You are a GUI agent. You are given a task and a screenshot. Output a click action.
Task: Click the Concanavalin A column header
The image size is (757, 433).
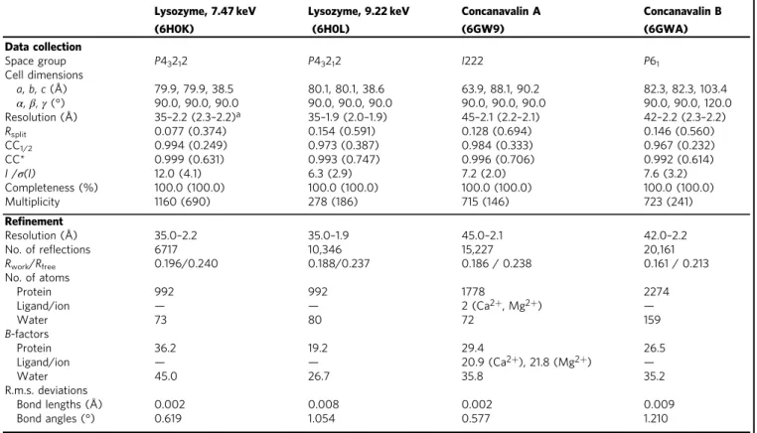point(501,19)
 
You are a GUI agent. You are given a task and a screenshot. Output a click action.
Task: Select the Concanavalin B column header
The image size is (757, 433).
point(682,19)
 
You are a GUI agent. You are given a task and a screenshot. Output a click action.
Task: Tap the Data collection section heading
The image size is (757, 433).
point(43,47)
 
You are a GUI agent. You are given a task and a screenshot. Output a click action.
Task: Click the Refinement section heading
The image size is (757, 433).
point(34,221)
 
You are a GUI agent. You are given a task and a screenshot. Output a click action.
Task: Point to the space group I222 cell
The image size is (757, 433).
point(472,61)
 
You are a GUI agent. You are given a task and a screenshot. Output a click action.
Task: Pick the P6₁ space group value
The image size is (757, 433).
point(652,62)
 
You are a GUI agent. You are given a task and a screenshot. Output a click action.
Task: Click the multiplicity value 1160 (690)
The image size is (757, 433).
point(182,202)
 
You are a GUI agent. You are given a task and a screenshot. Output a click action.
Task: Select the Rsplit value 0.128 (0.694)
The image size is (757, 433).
point(497,131)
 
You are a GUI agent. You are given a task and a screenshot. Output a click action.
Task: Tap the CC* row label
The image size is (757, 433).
point(18,159)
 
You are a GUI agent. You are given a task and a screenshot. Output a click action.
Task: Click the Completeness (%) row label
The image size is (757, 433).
point(52,188)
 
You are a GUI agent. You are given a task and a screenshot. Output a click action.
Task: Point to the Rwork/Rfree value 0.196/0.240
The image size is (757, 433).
point(186,263)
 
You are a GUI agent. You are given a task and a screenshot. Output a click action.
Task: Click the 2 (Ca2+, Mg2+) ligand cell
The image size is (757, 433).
point(502,306)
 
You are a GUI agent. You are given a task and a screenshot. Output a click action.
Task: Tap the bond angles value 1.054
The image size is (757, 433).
point(321,418)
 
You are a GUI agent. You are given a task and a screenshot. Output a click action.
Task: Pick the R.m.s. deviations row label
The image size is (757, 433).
point(46,390)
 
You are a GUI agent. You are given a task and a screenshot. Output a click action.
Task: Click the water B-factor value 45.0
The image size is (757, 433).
point(166,376)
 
